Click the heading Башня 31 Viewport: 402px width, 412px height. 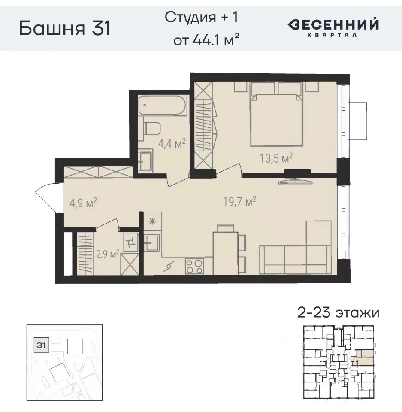65,29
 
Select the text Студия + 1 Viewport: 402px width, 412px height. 201,18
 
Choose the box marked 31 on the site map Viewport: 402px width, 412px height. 42,345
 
